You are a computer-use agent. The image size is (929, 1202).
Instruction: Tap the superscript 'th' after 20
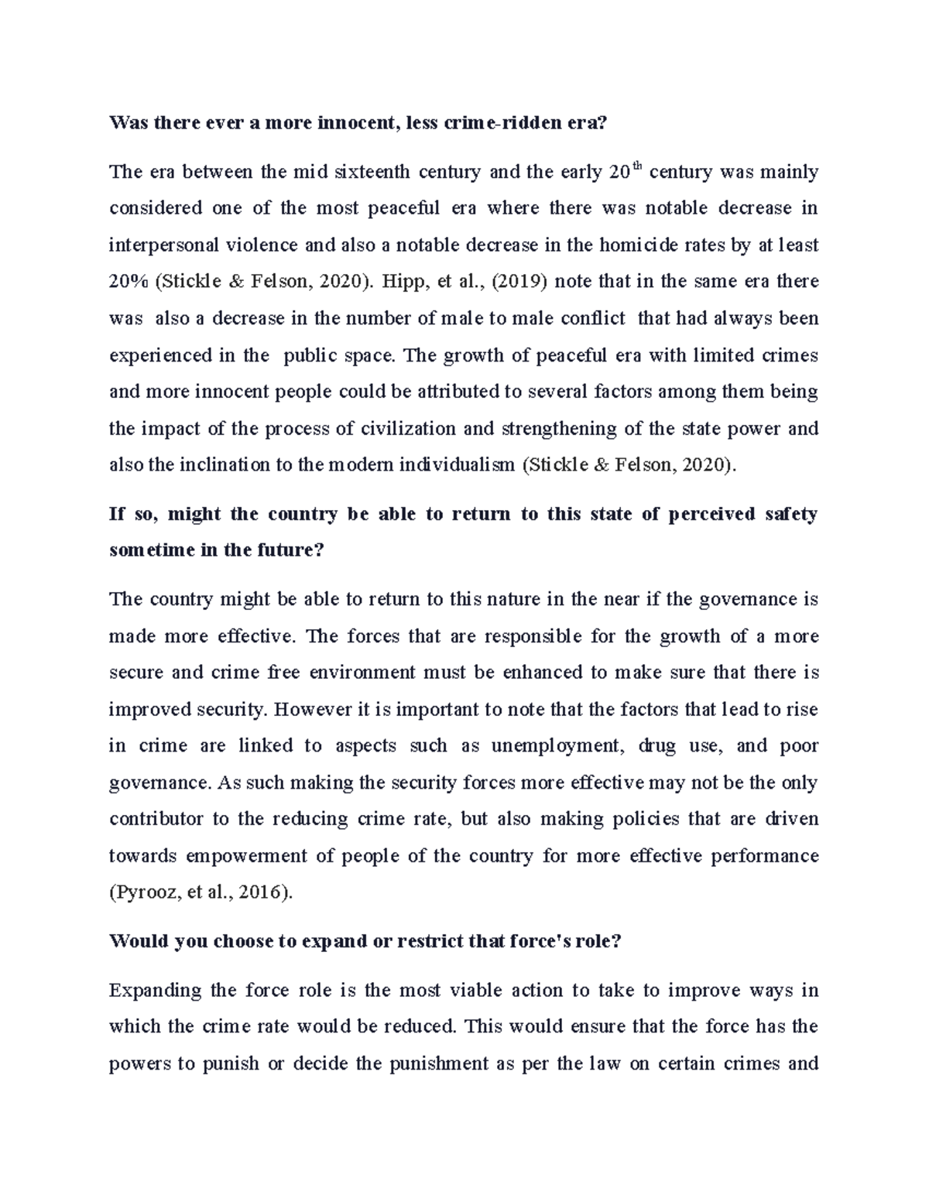(x=636, y=166)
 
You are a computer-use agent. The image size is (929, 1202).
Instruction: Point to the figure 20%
(x=128, y=282)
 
